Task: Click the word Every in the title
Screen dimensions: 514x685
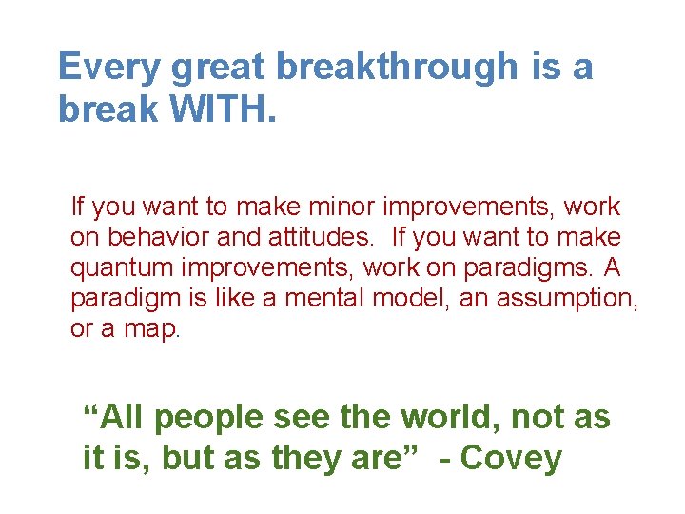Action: point(107,68)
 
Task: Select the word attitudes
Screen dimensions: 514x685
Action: point(308,237)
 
